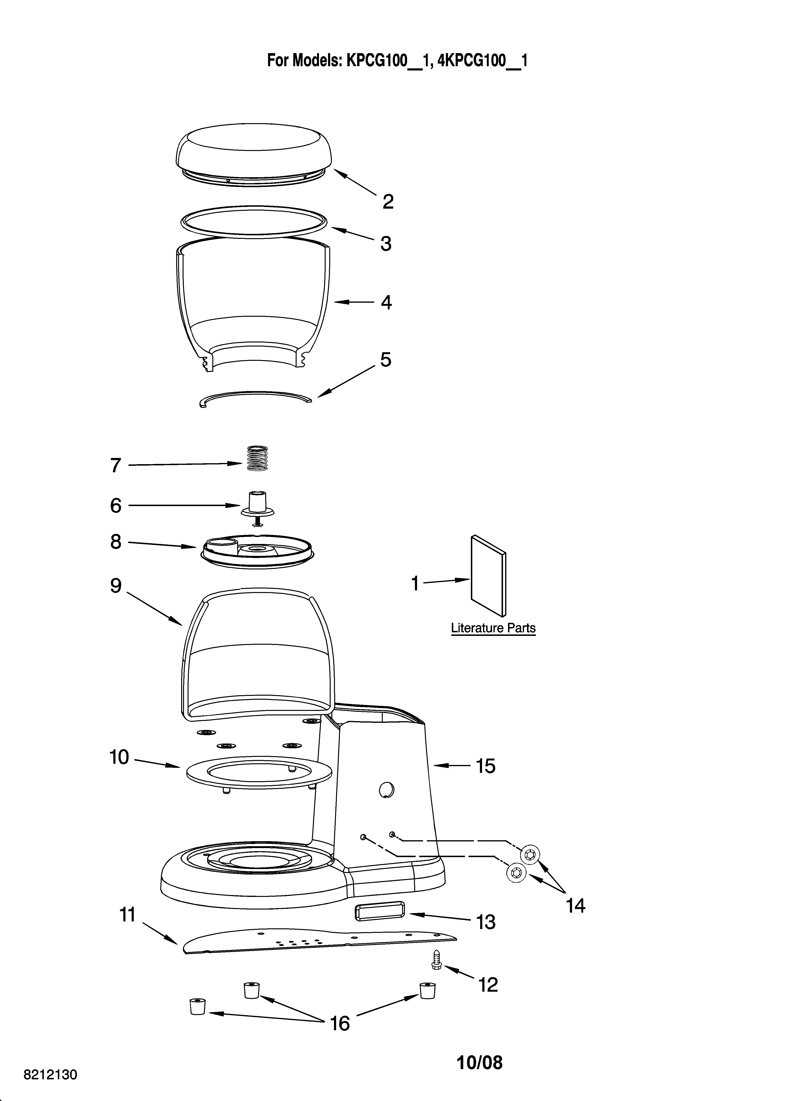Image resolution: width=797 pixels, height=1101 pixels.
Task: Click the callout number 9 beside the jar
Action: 115,585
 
